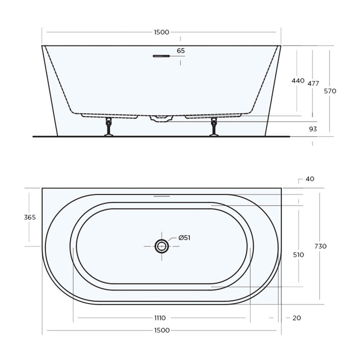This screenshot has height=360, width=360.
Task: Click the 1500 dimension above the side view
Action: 161,32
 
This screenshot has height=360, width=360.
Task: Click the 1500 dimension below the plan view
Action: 161,330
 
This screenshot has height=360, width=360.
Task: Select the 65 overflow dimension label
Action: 180,50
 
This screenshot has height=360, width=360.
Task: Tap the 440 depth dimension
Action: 297,80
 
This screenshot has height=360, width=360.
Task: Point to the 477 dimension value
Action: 313,83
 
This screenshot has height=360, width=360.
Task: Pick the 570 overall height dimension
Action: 330,91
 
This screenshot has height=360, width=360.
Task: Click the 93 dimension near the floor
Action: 313,129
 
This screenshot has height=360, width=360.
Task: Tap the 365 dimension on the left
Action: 29,217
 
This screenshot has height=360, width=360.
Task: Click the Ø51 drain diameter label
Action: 184,237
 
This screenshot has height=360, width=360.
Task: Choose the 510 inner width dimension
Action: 298,254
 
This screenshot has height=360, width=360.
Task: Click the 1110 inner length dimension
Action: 160,317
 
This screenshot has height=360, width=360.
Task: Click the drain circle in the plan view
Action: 161,246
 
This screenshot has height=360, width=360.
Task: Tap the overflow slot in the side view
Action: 161,56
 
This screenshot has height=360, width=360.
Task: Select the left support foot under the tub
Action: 107,127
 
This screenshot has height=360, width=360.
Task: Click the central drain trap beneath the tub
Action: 161,118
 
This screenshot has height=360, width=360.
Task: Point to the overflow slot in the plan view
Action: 161,196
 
